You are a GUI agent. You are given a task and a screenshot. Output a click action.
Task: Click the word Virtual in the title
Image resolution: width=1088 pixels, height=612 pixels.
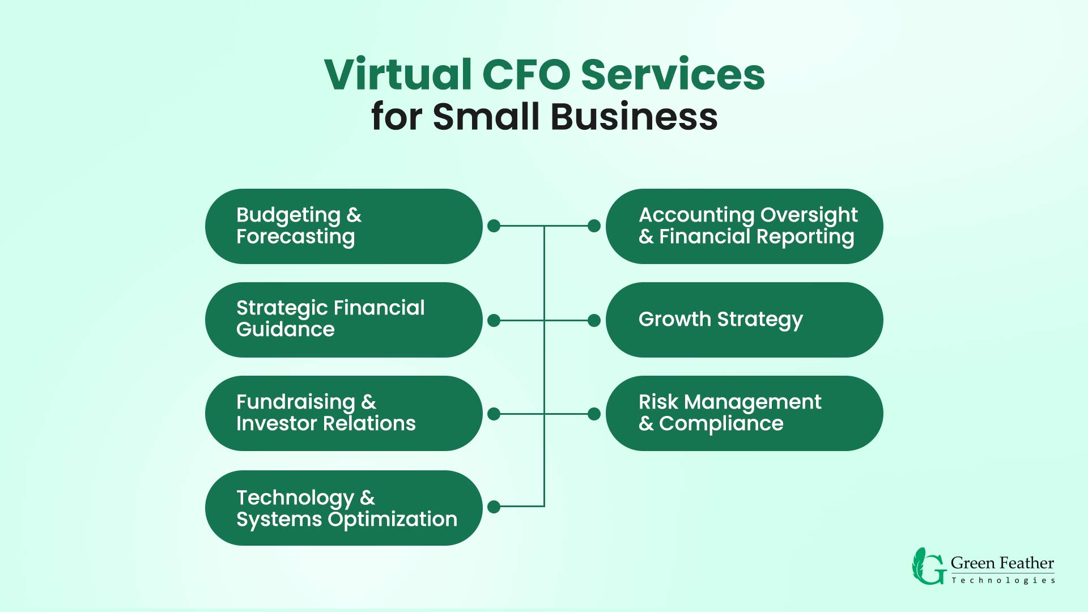click(398, 74)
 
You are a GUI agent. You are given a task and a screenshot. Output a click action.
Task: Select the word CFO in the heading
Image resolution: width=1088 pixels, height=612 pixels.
click(526, 74)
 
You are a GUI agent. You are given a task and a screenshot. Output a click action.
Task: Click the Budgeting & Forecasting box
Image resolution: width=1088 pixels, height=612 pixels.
click(343, 226)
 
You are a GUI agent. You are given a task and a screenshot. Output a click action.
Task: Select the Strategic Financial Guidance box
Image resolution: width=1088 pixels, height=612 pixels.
click(343, 320)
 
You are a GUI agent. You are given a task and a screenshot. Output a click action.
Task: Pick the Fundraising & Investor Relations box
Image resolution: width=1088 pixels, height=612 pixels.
click(343, 413)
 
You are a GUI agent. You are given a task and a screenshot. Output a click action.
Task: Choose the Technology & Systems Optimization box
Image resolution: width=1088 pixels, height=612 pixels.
click(343, 508)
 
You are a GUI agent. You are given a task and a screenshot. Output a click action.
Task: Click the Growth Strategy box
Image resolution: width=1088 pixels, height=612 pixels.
click(744, 320)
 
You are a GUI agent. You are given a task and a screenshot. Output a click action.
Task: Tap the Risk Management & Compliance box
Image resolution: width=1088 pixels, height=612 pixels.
click(744, 413)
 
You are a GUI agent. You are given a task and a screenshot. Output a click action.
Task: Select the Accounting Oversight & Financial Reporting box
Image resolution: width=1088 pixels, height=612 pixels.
click(744, 226)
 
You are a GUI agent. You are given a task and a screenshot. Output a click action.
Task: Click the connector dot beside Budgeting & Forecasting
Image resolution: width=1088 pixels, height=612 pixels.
click(494, 226)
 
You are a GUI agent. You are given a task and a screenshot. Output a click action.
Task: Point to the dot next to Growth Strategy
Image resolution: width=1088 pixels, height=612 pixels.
click(594, 321)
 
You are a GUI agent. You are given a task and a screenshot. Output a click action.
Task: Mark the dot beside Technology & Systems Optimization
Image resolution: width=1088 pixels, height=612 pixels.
click(494, 507)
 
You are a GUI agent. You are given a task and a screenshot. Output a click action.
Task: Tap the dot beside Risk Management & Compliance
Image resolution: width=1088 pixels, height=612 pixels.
click(594, 414)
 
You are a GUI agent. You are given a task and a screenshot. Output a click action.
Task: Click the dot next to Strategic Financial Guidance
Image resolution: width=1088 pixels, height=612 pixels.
click(494, 321)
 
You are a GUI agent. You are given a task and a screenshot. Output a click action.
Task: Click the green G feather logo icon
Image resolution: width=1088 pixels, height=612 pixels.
click(928, 567)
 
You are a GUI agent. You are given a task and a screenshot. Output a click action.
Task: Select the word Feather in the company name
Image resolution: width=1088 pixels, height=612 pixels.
click(1027, 563)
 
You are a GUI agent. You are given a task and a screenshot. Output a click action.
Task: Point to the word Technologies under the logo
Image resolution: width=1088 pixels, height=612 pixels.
click(1003, 580)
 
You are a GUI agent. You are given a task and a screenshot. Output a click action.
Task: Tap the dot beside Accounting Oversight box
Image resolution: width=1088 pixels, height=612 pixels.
click(594, 226)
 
